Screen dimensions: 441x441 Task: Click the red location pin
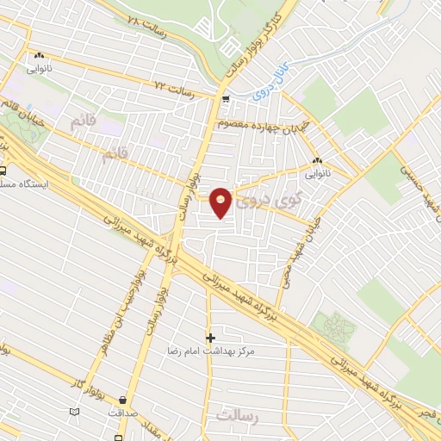pos(221,202)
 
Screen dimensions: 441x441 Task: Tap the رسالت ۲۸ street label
pos(146,25)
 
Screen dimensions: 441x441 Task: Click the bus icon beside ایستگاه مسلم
pos(3,171)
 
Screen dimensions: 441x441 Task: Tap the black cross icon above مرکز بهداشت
pos(210,337)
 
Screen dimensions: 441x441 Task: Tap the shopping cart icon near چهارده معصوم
pos(225,100)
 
